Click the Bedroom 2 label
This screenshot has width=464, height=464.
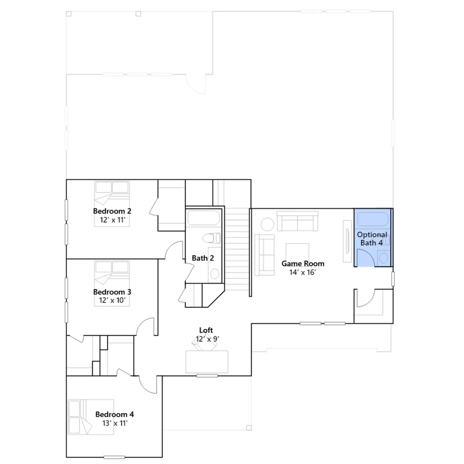(x=112, y=211)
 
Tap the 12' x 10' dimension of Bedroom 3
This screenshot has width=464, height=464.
(x=112, y=300)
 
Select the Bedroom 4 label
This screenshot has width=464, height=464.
(x=115, y=414)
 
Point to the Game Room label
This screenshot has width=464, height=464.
(x=303, y=264)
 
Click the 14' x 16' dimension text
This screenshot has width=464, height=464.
(x=302, y=272)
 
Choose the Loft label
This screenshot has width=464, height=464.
(x=206, y=330)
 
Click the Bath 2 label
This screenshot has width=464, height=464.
(x=203, y=258)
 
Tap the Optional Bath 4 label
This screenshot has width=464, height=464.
(x=372, y=239)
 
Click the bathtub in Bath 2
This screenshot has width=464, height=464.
(x=204, y=218)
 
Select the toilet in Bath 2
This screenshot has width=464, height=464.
(x=211, y=238)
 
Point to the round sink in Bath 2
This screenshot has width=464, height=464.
(x=215, y=274)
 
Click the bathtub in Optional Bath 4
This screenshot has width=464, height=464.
(x=373, y=219)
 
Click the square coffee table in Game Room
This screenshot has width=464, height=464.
(x=297, y=253)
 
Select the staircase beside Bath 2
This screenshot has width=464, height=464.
(x=237, y=249)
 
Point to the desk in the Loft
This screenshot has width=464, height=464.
(x=207, y=362)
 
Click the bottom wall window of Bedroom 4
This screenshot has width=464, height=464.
(x=114, y=457)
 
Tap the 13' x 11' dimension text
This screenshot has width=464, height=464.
(x=115, y=423)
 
